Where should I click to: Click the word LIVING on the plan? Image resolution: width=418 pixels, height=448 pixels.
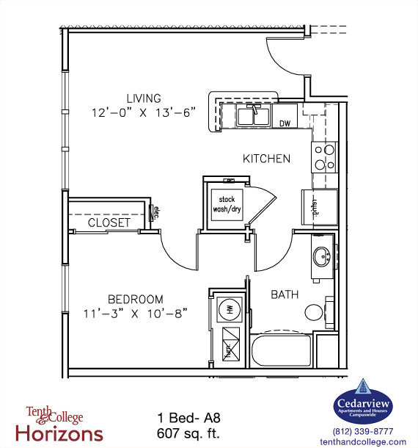pyautogui.click(x=143, y=98)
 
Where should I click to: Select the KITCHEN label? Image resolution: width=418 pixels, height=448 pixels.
pyautogui.click(x=267, y=159)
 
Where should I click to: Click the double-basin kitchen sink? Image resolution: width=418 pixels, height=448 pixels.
pyautogui.click(x=254, y=115)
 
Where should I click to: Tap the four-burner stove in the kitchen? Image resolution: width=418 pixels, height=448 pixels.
pyautogui.click(x=323, y=156)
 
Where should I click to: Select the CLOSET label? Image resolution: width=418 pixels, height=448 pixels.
pyautogui.click(x=109, y=223)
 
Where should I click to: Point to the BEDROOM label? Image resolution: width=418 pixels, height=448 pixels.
pyautogui.click(x=136, y=299)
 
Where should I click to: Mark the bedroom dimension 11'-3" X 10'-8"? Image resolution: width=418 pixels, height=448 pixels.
pyautogui.click(x=136, y=314)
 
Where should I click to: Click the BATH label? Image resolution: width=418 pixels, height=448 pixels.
pyautogui.click(x=285, y=295)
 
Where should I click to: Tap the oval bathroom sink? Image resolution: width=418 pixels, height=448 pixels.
pyautogui.click(x=320, y=257)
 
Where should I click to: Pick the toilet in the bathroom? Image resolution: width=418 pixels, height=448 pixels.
pyautogui.click(x=317, y=313)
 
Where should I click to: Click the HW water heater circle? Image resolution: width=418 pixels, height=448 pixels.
pyautogui.click(x=229, y=309)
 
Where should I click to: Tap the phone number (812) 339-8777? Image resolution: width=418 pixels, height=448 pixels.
pyautogui.click(x=363, y=431)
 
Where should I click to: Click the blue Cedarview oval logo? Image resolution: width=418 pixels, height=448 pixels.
pyautogui.click(x=363, y=402)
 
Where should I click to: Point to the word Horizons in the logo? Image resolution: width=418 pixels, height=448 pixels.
pyautogui.click(x=65, y=433)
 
